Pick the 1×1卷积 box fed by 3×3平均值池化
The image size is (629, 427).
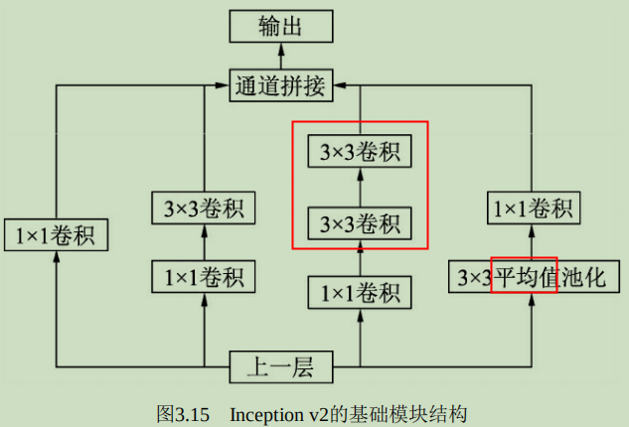point(534,209)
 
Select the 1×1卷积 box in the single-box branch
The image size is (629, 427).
point(56,235)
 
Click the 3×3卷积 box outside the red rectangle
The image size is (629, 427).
point(204,209)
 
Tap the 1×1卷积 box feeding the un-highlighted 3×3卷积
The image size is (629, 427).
point(204,275)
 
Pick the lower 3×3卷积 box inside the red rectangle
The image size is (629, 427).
point(360,223)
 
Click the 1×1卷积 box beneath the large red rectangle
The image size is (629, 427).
point(360,293)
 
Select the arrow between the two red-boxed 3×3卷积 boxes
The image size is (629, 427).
point(360,188)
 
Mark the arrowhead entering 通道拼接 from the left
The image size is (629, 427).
point(224,86)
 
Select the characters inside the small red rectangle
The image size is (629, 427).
point(524,275)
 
